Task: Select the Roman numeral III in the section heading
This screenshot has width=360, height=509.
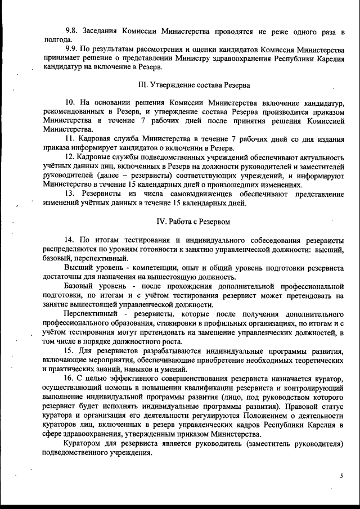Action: click(142, 85)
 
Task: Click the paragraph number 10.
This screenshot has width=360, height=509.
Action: click(70, 103)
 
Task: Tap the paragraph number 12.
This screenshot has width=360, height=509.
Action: click(70, 157)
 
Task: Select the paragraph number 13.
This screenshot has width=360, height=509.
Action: click(70, 193)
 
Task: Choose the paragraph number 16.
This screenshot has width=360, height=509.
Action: click(70, 380)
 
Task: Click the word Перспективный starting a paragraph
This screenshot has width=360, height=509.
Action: click(90, 313)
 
